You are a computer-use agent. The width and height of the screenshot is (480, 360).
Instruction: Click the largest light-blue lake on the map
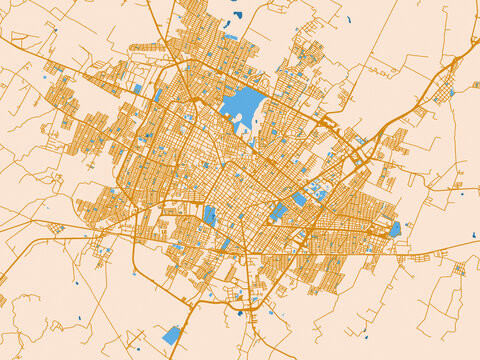(242, 104)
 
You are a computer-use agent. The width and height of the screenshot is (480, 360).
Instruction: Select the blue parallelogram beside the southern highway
(172, 335)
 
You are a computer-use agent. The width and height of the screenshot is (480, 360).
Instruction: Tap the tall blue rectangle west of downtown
(210, 215)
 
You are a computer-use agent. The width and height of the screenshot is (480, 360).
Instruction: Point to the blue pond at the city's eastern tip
(395, 229)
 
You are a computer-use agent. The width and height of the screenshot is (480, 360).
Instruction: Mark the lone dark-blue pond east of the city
(473, 236)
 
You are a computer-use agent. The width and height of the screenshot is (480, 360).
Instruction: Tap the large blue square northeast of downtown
(300, 199)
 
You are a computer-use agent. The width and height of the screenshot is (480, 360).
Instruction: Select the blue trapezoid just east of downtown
(278, 212)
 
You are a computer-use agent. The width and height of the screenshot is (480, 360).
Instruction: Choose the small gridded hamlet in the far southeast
(459, 268)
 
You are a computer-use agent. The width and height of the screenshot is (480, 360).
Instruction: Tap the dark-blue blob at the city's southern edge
(239, 313)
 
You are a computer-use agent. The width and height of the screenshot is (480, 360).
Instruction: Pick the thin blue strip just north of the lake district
(231, 37)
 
